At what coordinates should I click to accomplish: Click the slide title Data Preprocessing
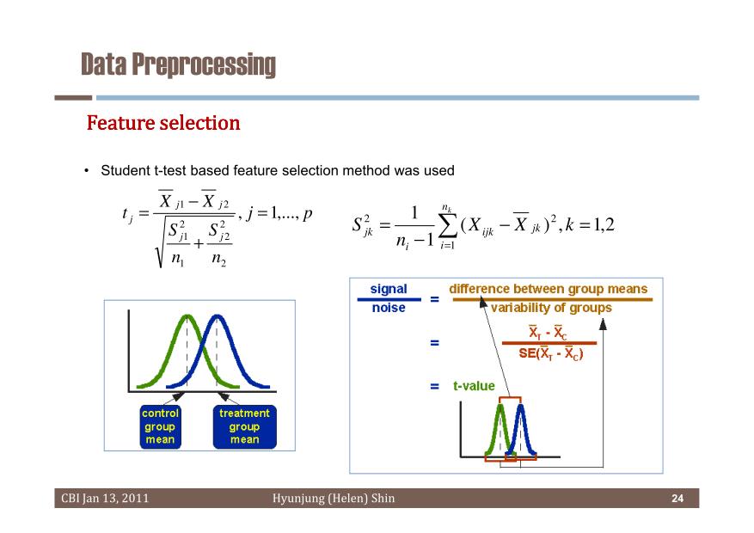pos(179,64)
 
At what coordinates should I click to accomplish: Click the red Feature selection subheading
pos(163,123)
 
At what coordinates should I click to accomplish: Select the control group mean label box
pos(160,426)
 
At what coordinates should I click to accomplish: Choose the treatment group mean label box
pos(244,426)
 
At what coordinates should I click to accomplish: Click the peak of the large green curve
pos(187,316)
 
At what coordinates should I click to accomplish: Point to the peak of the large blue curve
pos(218,316)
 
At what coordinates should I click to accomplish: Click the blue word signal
pos(389,289)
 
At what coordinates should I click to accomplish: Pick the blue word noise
pos(389,308)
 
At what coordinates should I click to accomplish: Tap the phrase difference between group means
pos(549,289)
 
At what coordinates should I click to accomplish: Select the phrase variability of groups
pos(551,308)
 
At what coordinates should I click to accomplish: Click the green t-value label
pos(474,386)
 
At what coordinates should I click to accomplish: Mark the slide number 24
pos(677,499)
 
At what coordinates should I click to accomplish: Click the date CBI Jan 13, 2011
pos(105,499)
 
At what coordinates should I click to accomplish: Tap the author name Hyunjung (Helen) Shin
pos(334,499)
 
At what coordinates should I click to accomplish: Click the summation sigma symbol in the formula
pos(447,226)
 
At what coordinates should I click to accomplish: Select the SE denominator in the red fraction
pos(550,353)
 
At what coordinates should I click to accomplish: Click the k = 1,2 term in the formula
pos(590,224)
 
